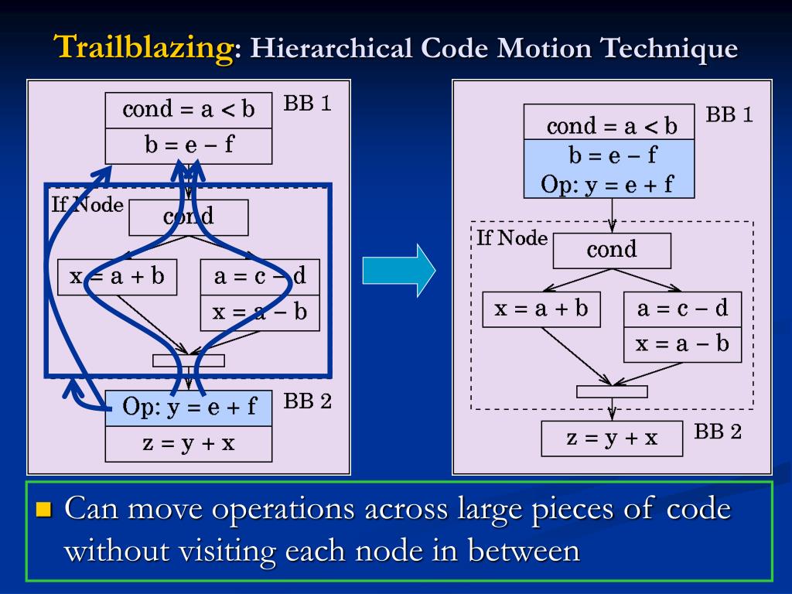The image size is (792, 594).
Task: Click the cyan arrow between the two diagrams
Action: pyautogui.click(x=399, y=270)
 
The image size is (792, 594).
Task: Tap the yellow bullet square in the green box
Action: pyautogui.click(x=43, y=509)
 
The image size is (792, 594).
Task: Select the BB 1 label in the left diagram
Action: pyautogui.click(x=307, y=103)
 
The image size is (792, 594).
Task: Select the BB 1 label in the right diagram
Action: pyautogui.click(x=729, y=115)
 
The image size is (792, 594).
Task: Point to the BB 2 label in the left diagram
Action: pyautogui.click(x=307, y=401)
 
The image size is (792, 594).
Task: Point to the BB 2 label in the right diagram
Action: pyautogui.click(x=717, y=432)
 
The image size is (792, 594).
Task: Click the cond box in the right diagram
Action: pyautogui.click(x=612, y=250)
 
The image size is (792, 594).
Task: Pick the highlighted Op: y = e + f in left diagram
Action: pyautogui.click(x=189, y=408)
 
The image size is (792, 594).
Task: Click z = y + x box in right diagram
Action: pyautogui.click(x=612, y=439)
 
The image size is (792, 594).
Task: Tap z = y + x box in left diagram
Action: pyautogui.click(x=189, y=443)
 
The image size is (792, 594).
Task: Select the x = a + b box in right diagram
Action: pyautogui.click(x=541, y=309)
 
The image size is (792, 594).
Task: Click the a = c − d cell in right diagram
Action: pyautogui.click(x=682, y=309)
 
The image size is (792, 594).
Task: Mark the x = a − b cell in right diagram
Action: pyautogui.click(x=682, y=344)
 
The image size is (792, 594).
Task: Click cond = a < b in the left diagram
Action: pyautogui.click(x=189, y=110)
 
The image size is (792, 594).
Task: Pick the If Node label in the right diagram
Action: pyautogui.click(x=511, y=238)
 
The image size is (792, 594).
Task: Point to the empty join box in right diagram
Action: pyautogui.click(x=612, y=391)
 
